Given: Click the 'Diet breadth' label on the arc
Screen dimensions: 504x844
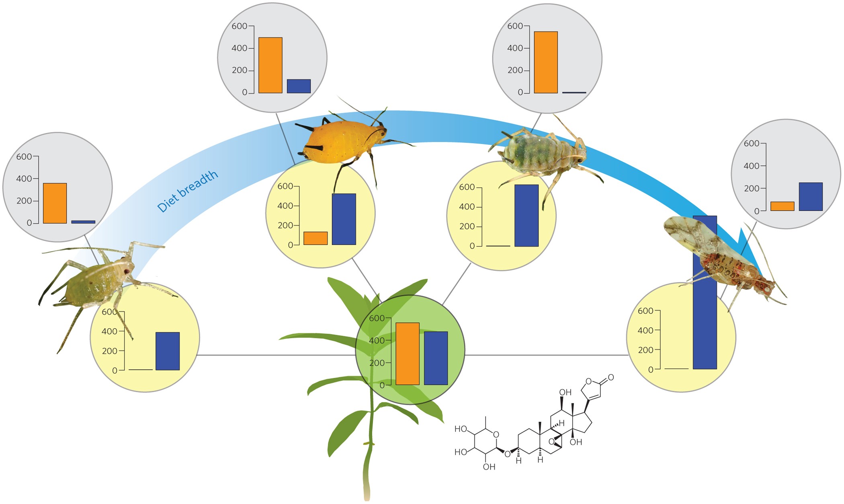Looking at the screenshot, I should [x=188, y=191].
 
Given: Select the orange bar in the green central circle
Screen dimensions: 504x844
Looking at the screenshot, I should [x=407, y=354].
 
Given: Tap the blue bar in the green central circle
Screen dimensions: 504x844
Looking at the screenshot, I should [x=436, y=358].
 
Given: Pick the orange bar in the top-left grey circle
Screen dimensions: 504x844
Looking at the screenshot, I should [x=270, y=65].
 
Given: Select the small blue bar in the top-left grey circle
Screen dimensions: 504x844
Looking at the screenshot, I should [x=299, y=86].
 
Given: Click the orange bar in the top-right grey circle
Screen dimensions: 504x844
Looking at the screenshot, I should [x=545, y=62].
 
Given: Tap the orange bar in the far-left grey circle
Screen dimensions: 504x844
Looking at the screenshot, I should [x=55, y=203].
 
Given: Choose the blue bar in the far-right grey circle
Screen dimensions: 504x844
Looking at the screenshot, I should [x=811, y=197].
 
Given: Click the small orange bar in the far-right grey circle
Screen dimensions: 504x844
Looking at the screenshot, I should [x=782, y=206].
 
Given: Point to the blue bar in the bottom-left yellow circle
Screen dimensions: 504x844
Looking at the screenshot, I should [x=168, y=351].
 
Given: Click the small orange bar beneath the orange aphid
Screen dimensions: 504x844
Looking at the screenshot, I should [x=315, y=238].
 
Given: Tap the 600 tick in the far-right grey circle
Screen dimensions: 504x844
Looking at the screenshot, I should [x=752, y=144].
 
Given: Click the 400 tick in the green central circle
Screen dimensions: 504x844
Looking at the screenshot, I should [x=377, y=341].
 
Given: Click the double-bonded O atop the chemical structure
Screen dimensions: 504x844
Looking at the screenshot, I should [x=610, y=377].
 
